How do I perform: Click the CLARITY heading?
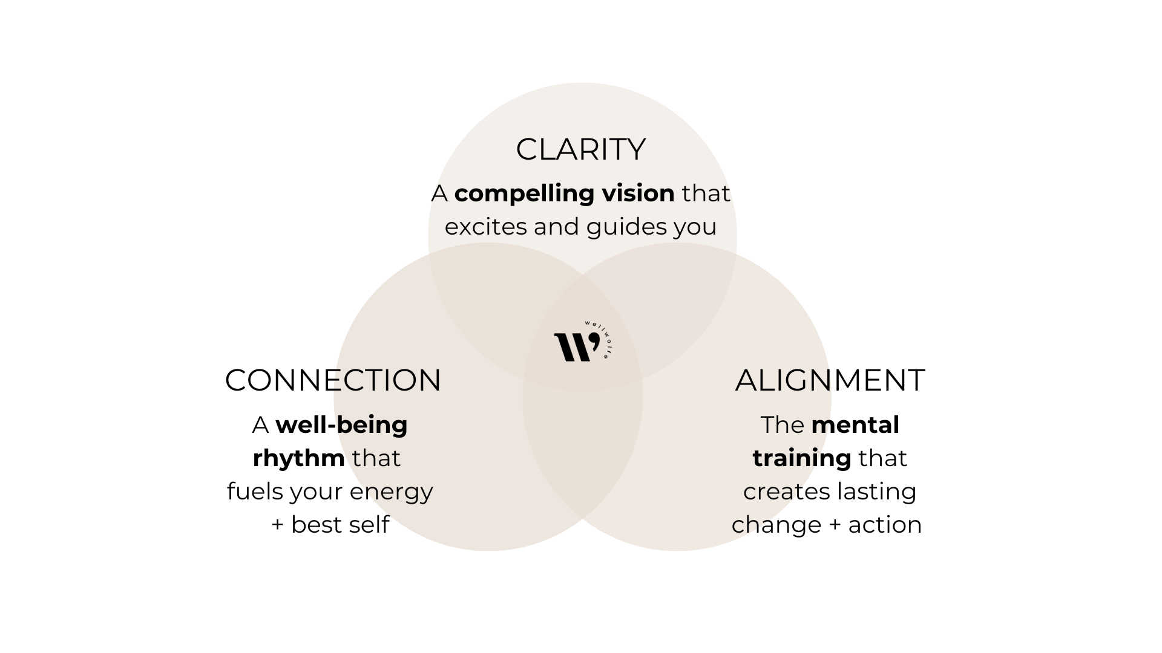pos(580,149)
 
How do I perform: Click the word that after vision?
pos(706,193)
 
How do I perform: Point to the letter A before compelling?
pos(440,193)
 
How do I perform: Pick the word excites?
pos(485,227)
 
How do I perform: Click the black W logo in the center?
pos(576,347)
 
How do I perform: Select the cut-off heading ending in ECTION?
pos(387,380)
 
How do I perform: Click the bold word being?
pos(372,424)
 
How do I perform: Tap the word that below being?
pos(376,458)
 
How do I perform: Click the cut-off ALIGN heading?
pos(783,380)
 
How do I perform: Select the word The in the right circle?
pos(782,425)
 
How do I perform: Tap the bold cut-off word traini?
pos(786,458)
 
